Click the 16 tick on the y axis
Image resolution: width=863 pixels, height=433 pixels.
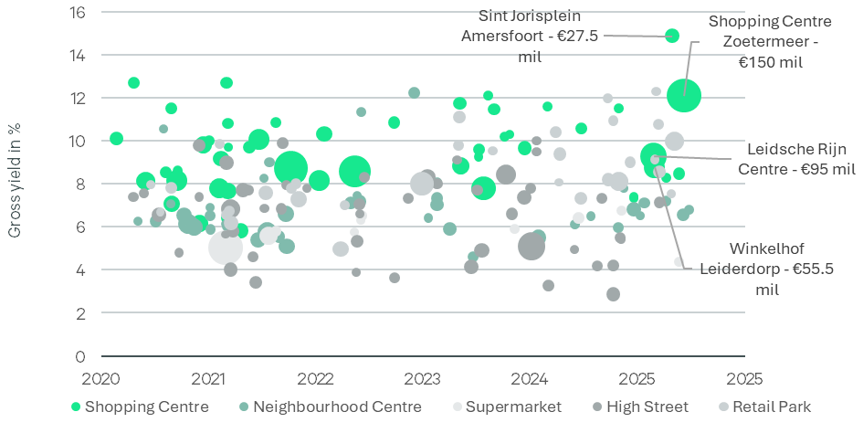click(x=78, y=13)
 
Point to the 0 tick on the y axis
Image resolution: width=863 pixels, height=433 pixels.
click(x=80, y=356)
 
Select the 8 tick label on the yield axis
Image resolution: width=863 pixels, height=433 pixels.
click(x=80, y=185)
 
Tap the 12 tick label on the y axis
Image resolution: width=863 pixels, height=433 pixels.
click(x=78, y=99)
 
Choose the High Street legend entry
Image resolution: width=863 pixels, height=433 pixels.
click(x=644, y=407)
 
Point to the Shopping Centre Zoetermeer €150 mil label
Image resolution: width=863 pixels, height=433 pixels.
click(x=770, y=42)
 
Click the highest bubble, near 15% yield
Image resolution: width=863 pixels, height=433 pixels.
click(x=672, y=36)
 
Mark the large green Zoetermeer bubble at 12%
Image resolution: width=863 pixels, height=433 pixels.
click(x=684, y=94)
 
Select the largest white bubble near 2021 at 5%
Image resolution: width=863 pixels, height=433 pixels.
click(x=225, y=247)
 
